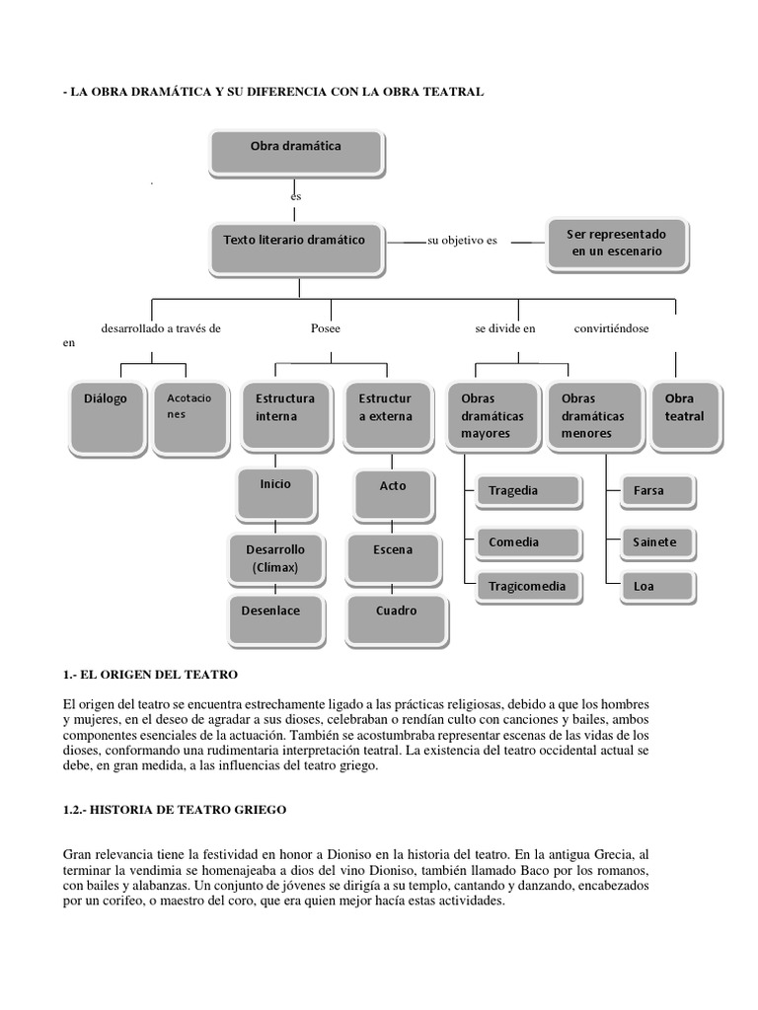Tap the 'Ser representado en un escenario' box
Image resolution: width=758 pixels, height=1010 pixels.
point(617,244)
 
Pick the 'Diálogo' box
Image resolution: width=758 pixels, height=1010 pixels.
point(106,414)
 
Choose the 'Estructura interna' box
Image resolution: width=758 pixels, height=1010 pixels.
point(285,414)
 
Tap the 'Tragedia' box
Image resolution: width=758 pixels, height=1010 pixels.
point(520,490)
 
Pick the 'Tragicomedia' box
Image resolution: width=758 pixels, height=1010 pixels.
point(526,586)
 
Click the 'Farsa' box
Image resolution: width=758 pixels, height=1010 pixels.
point(655,490)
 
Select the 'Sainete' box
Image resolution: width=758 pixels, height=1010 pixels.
point(655,541)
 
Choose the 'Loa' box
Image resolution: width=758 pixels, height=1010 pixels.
point(655,586)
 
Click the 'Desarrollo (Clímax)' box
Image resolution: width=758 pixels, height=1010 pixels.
point(274,558)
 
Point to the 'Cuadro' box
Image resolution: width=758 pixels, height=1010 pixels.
point(396,615)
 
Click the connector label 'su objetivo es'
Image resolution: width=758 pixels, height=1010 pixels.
point(462,241)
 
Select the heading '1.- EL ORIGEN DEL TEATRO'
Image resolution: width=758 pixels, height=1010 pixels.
point(150,674)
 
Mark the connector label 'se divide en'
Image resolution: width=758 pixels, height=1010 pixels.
point(504,328)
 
